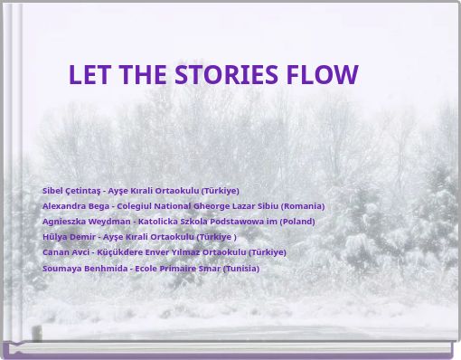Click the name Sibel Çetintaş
pyautogui.click(x=71, y=191)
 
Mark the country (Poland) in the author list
pyautogui.click(x=296, y=222)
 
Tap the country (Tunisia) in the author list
pyautogui.click(x=240, y=269)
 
